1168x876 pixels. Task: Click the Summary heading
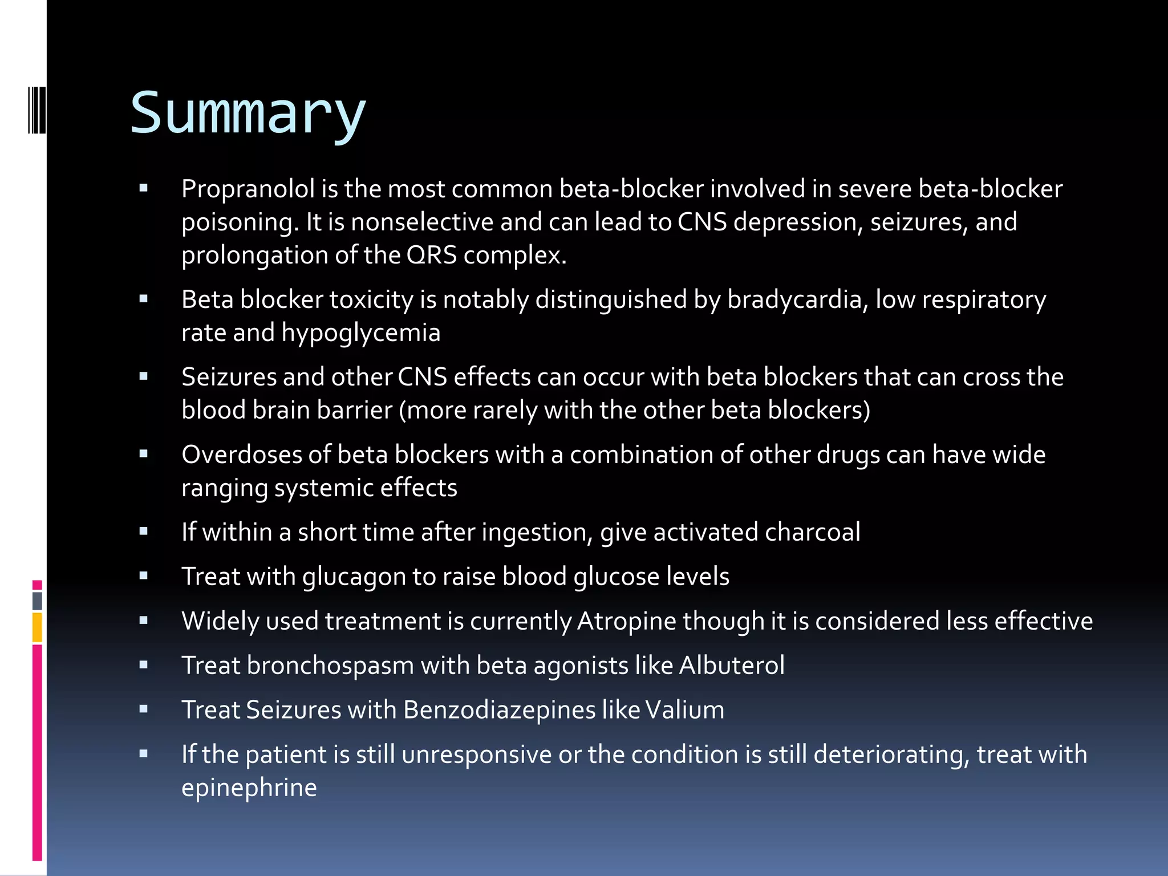click(x=248, y=114)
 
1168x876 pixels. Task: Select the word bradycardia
click(x=794, y=300)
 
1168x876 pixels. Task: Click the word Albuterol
click(x=732, y=666)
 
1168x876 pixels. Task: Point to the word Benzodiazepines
click(x=499, y=711)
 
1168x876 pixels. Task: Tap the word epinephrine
click(x=249, y=788)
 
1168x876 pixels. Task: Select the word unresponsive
click(x=476, y=755)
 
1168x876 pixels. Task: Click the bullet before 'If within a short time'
click(x=143, y=532)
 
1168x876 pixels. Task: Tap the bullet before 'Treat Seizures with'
click(x=143, y=709)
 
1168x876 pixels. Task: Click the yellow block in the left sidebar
click(x=37, y=627)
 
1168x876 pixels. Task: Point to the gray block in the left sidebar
click(x=37, y=601)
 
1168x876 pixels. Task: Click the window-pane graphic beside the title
click(x=37, y=110)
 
